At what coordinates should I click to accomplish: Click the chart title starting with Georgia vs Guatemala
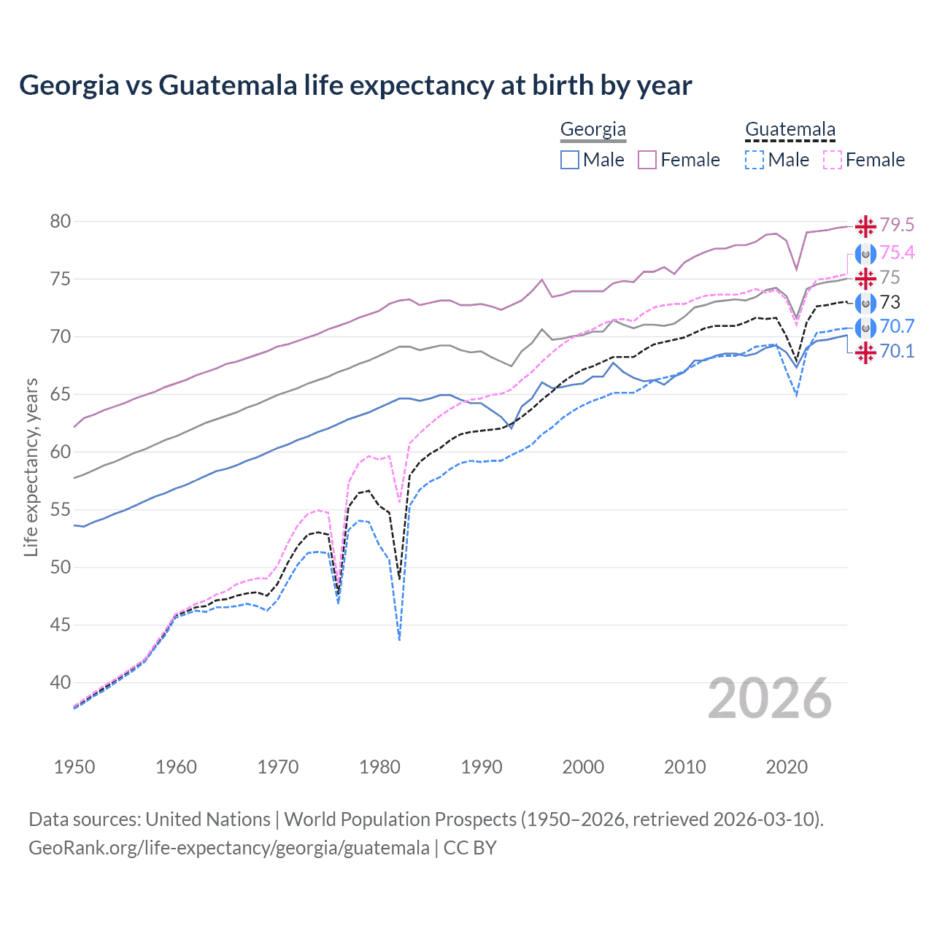355,85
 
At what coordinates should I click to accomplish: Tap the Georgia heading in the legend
593,129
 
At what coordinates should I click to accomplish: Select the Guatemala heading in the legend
790,129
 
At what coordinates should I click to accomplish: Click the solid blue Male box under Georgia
570,160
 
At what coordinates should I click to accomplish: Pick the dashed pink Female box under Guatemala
833,160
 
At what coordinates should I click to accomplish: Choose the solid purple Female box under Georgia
647,160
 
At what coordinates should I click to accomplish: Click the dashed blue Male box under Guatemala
754,160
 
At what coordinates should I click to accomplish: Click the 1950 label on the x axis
74,767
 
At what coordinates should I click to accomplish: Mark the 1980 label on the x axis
379,767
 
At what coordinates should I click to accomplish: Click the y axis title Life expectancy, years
31,467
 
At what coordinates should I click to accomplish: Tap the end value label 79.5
897,225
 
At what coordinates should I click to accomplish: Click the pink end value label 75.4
897,252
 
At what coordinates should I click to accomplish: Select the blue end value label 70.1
897,351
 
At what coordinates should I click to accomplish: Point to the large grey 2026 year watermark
770,699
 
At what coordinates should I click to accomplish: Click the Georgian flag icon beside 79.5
865,226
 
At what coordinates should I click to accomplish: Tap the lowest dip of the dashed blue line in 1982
399,639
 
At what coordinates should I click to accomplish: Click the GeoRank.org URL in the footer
228,848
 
